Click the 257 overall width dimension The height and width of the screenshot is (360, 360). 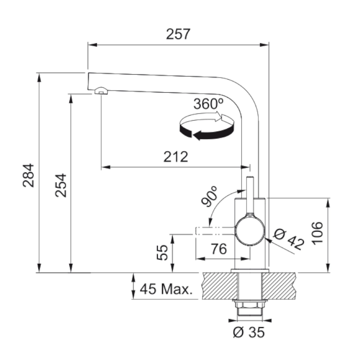[178, 34]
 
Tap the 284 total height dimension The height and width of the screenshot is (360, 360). [28, 175]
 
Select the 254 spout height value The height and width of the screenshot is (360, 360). [61, 185]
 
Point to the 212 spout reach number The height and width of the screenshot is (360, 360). [175, 157]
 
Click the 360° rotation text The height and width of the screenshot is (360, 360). [208, 104]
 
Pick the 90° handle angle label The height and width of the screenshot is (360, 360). [209, 196]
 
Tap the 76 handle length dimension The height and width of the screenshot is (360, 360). [219, 249]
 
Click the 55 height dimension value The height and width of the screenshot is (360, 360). [162, 252]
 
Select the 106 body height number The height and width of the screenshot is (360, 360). [317, 233]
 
